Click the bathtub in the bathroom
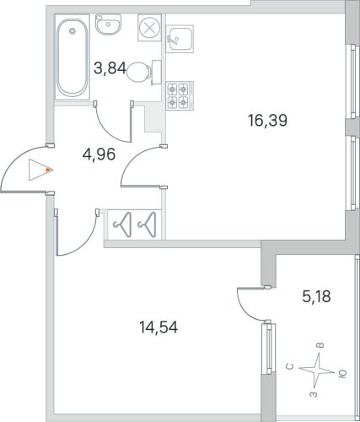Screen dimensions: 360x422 73,57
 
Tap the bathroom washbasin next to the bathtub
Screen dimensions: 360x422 108,24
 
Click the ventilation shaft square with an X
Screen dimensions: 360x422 149,28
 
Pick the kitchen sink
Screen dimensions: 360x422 180,39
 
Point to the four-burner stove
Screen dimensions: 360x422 180,95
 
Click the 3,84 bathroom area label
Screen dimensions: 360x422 110,68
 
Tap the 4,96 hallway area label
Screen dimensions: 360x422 99,154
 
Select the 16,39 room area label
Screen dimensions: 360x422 267,121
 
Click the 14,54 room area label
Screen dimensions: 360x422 159,327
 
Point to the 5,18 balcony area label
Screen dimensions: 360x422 316,296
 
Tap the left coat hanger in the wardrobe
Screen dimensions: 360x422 122,225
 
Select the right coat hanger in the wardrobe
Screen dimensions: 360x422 147,225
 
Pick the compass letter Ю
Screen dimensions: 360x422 343,373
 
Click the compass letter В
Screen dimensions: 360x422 320,345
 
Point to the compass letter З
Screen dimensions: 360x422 314,394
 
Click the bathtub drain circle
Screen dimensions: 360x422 73,30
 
